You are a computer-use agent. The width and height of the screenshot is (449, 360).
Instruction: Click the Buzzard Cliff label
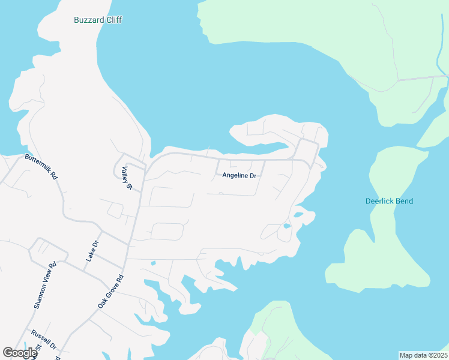[98, 20]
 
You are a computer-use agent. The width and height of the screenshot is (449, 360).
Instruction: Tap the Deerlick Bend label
[389, 201]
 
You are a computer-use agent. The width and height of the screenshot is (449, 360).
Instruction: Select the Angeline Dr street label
[240, 176]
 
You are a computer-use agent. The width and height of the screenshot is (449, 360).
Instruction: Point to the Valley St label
[127, 178]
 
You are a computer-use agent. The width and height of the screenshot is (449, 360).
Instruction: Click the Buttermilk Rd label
[41, 167]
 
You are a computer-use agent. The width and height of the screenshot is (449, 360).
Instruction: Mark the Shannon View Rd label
[45, 284]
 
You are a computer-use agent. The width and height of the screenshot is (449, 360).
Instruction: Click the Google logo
[19, 353]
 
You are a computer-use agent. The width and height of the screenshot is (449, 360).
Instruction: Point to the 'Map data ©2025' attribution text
[423, 355]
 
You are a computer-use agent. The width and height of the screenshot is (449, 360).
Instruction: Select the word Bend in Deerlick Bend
[404, 201]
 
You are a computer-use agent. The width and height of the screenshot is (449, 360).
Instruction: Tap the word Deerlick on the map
[379, 201]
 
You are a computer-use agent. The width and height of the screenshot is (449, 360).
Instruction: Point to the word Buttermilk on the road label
[37, 164]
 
